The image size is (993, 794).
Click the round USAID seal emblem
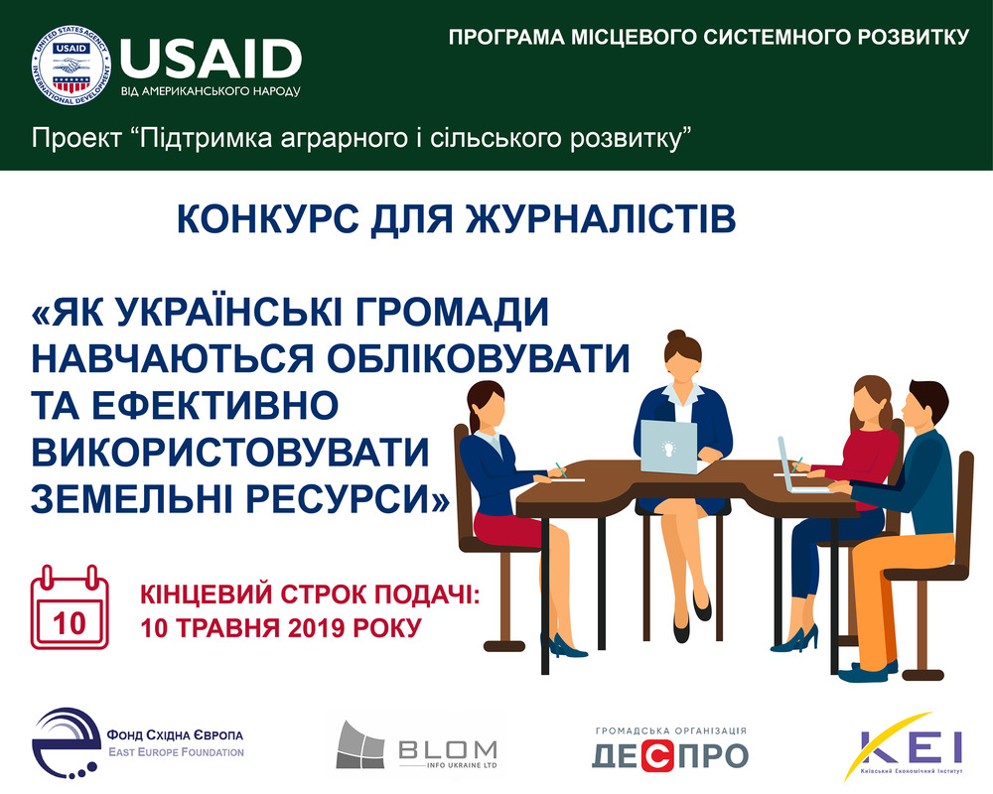tap(71, 66)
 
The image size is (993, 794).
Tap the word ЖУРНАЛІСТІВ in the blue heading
tap(601, 219)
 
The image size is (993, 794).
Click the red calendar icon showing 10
tap(70, 607)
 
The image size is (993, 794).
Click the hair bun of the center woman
tap(676, 335)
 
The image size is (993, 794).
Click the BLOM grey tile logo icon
tap(359, 744)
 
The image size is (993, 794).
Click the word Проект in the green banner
tap(76, 137)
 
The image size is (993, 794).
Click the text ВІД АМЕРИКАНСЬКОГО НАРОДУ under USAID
tap(211, 91)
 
